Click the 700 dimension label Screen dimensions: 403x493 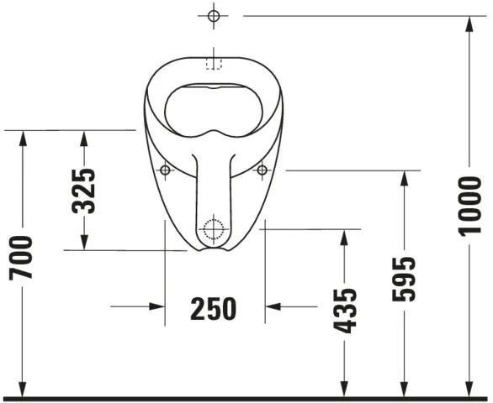(23, 257)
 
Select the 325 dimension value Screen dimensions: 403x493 (83, 190)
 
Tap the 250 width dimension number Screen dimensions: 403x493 (213, 308)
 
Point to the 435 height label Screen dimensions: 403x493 (344, 310)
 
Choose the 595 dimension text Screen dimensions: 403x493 (405, 279)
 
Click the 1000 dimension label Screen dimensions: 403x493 (470, 207)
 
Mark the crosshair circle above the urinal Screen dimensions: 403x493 (213, 16)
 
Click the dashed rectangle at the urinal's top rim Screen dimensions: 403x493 (213, 62)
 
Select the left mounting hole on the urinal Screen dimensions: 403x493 (165, 170)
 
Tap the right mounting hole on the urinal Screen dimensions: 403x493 (262, 170)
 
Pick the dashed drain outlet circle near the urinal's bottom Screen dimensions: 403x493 (214, 227)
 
